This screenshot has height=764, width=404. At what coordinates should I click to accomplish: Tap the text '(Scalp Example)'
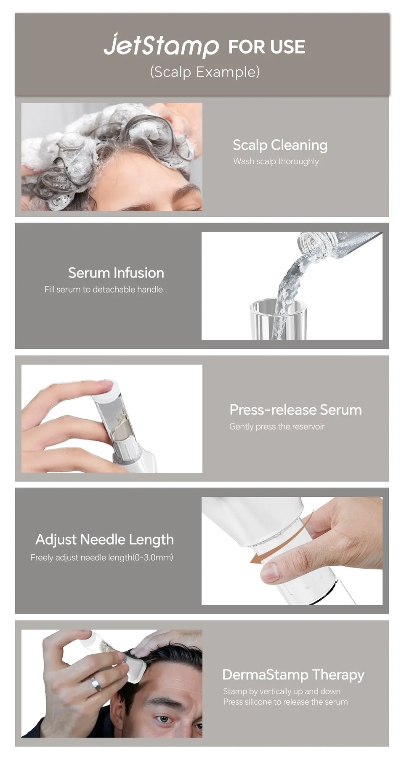[x=205, y=72]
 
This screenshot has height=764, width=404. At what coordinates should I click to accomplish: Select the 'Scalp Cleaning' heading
[x=280, y=145]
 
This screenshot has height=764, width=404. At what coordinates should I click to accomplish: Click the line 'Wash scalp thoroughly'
[x=276, y=161]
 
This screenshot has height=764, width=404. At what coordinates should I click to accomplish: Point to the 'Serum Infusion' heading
[x=116, y=273]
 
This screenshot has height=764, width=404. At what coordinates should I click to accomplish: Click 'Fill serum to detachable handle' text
[x=104, y=289]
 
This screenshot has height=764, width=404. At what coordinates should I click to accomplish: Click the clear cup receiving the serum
[x=278, y=319]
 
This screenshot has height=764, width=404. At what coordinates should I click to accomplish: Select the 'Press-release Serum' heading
[x=295, y=410]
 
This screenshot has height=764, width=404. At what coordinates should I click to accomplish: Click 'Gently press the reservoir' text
[x=277, y=427]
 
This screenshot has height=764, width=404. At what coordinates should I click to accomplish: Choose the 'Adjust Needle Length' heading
[x=104, y=539]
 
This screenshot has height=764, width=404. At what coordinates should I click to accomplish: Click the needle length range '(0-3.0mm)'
[x=153, y=557]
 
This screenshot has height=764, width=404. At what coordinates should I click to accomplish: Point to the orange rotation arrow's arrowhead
[x=255, y=558]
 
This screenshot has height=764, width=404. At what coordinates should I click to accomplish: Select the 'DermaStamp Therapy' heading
[x=293, y=674]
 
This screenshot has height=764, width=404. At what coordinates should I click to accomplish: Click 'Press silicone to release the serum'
[x=285, y=702]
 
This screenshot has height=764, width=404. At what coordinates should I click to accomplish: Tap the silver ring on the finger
[x=96, y=683]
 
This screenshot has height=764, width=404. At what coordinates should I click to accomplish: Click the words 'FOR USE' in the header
[x=266, y=47]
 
